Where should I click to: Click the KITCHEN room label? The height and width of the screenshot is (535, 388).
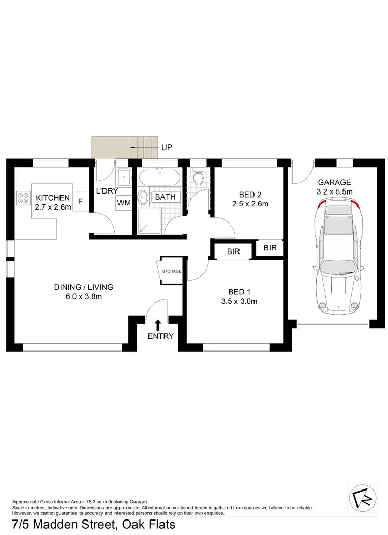pos(52,197)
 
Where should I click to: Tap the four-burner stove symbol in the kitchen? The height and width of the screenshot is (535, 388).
pos(23,197)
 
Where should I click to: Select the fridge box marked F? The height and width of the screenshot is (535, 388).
pos(81,201)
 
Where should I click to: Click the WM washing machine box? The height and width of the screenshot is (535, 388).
pos(124,202)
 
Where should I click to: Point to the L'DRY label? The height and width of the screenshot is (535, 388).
pos(107,191)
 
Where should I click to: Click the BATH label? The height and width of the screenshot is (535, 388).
pos(166,197)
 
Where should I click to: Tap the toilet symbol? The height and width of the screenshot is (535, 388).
pos(197,179)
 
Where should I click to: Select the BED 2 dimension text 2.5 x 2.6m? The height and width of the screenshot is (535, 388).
pos(250,204)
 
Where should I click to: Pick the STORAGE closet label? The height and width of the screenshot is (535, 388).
pos(172,271)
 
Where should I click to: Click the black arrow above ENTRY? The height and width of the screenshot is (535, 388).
pos(158,324)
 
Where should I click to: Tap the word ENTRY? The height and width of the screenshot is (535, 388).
pos(160,336)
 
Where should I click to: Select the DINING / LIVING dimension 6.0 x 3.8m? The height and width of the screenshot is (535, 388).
pos(84,296)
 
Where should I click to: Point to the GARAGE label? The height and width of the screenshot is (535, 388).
pos(334,182)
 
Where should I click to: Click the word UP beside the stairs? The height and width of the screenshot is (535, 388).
pos(167,147)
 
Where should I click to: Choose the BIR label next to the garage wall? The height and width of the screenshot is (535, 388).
pos(270,248)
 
